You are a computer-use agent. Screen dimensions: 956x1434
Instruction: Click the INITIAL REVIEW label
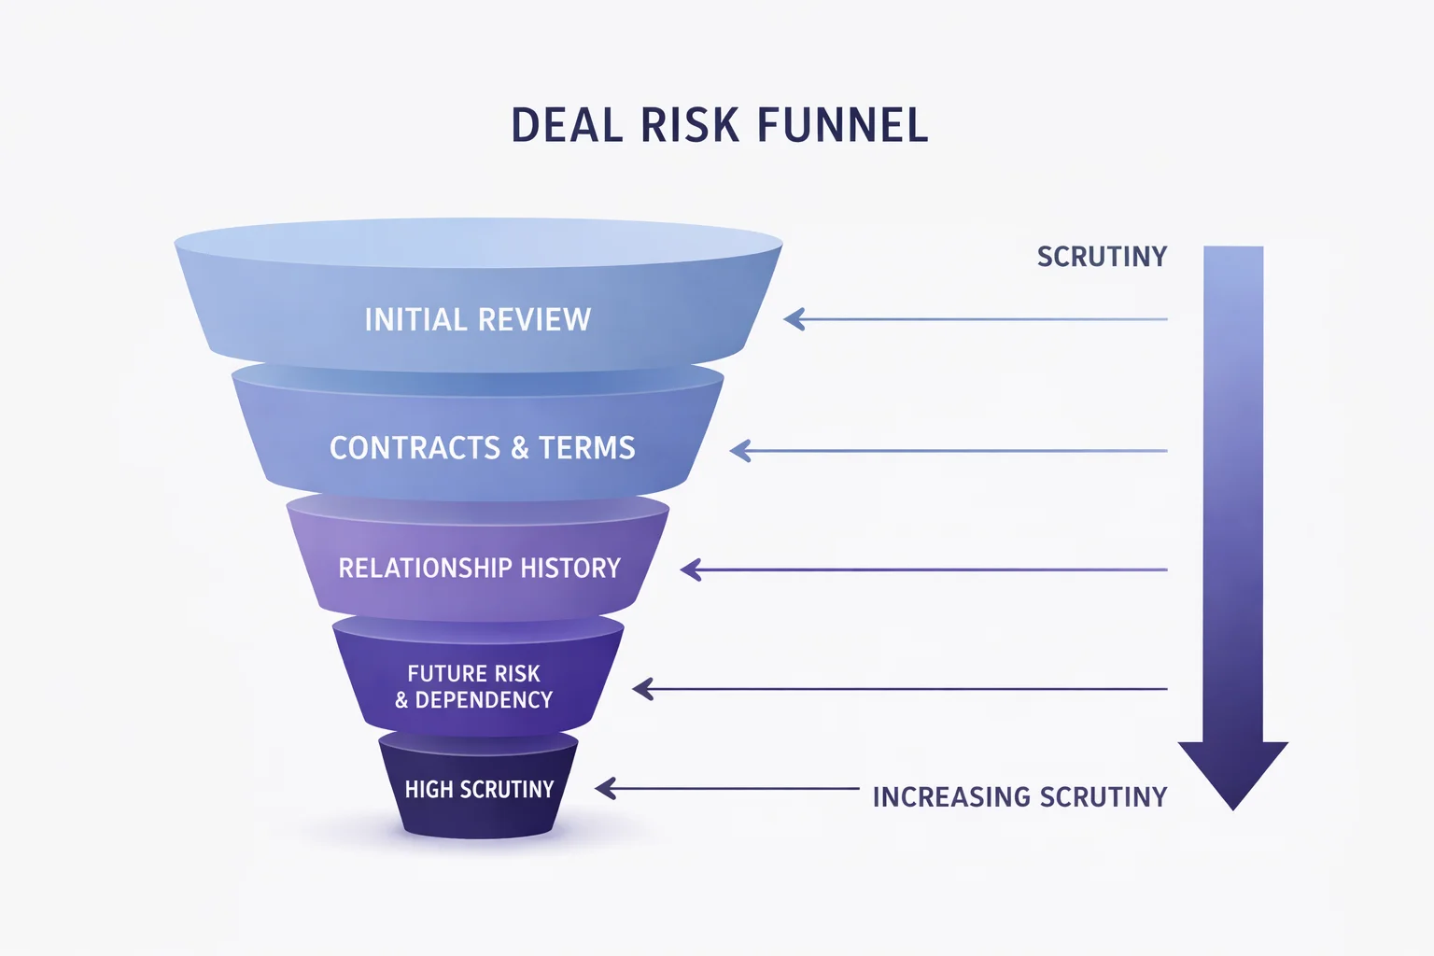coord(477,320)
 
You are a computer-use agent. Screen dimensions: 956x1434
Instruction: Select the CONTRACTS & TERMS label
coord(482,448)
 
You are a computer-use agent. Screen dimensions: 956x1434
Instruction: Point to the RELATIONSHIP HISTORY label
coord(479,569)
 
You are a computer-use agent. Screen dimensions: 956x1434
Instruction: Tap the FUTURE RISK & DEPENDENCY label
coord(473,687)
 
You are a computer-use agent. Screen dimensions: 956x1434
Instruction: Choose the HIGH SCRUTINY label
coord(479,790)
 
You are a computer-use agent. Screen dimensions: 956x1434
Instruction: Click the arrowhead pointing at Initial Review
coord(794,319)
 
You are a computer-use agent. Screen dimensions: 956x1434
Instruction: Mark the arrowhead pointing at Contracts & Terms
coord(739,452)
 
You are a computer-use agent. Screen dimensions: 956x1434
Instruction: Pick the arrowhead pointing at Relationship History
coord(691,569)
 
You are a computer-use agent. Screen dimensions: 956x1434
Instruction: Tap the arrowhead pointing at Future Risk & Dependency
coord(642,689)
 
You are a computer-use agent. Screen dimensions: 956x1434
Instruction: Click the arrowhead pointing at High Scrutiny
coord(605,789)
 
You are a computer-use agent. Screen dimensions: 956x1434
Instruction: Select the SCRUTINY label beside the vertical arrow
coord(1102,257)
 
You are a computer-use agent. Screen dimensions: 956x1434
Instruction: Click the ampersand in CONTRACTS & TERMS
coord(520,449)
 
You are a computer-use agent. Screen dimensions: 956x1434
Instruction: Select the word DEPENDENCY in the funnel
coord(484,700)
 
